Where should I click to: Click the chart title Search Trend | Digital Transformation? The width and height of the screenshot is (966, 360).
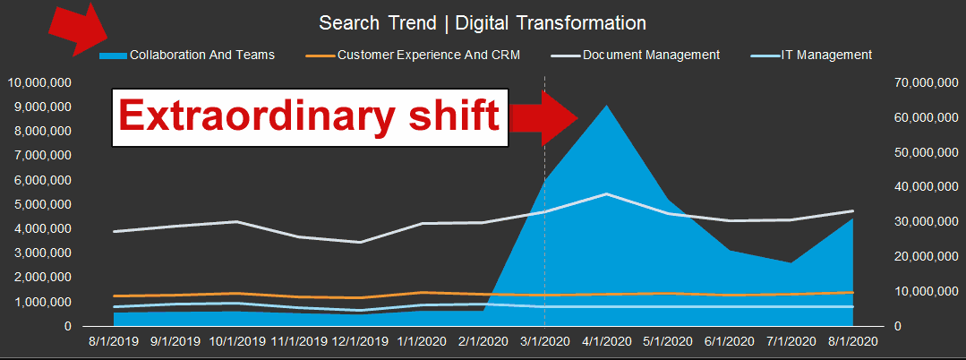[x=483, y=22]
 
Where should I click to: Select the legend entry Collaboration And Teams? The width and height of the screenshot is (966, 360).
[x=201, y=55]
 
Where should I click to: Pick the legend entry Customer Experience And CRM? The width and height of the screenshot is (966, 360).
[x=428, y=55]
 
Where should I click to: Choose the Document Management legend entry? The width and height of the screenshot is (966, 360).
[x=651, y=55]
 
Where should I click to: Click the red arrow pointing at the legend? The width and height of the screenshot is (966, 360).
[x=80, y=30]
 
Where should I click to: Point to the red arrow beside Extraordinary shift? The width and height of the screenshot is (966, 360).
[x=546, y=117]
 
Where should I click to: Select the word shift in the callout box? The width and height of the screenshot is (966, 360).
[x=455, y=117]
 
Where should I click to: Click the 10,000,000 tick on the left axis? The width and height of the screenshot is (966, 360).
[x=40, y=82]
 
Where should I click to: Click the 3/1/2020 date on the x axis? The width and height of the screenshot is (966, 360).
[x=545, y=341]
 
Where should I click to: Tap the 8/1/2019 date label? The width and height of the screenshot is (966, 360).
[x=114, y=341]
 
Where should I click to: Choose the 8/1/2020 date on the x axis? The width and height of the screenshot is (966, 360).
[x=853, y=341]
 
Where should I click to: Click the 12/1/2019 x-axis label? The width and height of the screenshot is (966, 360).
[x=360, y=341]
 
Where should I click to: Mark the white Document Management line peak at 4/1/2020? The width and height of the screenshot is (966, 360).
[x=607, y=193]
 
